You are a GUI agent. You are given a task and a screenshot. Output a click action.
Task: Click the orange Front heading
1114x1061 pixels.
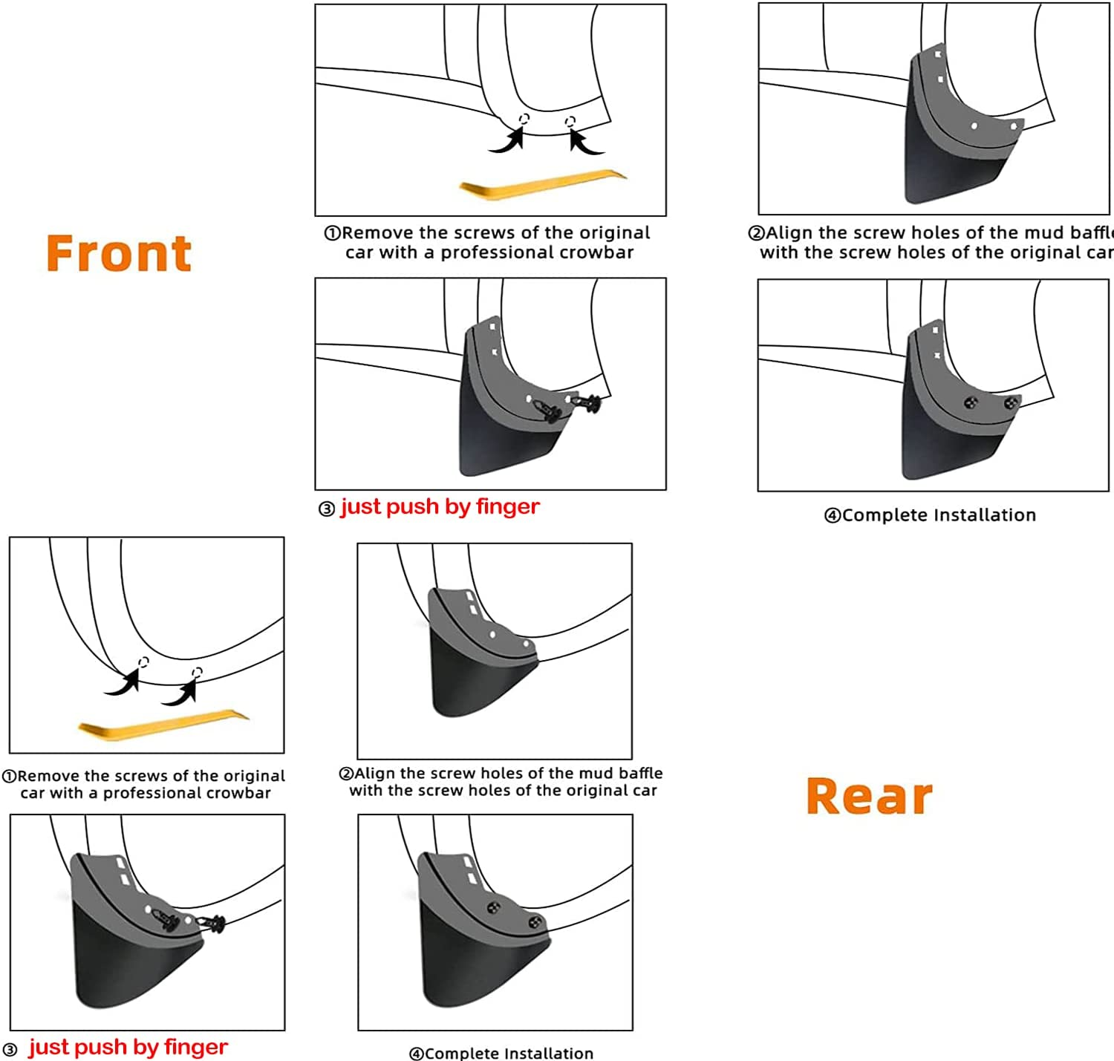119,253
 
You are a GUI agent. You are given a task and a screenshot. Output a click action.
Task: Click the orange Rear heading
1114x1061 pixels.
869,796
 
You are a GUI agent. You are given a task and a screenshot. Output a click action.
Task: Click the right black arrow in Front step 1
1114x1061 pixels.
585,142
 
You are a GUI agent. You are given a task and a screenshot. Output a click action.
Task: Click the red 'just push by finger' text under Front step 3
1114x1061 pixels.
440,506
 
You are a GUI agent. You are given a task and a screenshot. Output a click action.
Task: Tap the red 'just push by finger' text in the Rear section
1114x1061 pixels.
128,1047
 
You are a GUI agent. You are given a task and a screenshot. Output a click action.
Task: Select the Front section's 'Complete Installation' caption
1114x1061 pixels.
939,515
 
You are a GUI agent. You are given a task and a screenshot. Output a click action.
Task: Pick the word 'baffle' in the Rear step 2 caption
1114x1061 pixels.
641,773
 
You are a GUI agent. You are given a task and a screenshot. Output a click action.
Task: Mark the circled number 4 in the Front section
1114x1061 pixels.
833,515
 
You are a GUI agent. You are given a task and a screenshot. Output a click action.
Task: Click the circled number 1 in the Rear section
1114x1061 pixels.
10,776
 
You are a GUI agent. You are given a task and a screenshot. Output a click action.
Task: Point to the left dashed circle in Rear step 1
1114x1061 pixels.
144,662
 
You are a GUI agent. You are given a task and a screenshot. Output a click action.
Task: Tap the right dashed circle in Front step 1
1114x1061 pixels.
570,121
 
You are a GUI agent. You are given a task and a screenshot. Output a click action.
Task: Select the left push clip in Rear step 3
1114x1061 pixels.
166,921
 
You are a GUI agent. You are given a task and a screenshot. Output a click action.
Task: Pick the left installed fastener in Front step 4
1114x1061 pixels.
971,402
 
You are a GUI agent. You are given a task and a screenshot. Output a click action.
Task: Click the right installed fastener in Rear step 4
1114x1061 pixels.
535,924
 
